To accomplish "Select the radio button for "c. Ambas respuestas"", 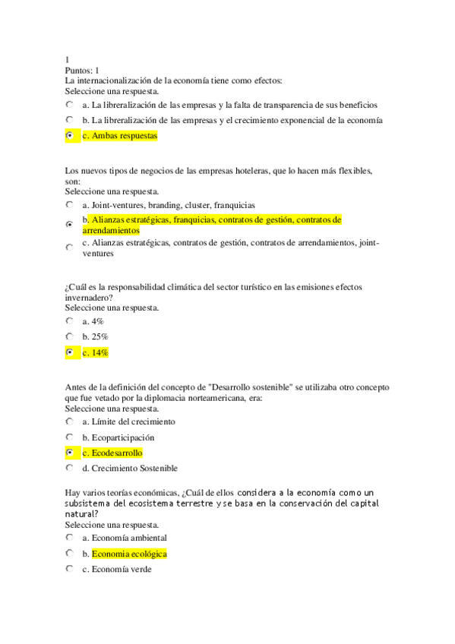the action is click(x=69, y=135).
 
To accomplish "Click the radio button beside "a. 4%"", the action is click(x=69, y=321).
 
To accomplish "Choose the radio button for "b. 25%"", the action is click(x=69, y=336).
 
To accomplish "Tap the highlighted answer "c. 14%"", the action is click(x=96, y=352).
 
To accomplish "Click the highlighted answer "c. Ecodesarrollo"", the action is click(x=112, y=453).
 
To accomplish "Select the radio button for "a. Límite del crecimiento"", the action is click(x=69, y=421).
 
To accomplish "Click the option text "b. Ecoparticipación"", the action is click(x=118, y=437).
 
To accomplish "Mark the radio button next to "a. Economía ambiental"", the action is click(x=69, y=538).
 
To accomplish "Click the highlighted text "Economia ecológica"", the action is click(x=129, y=554).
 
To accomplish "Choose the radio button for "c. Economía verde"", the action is click(x=69, y=569).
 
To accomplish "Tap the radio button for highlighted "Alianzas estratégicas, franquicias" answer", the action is click(x=69, y=225).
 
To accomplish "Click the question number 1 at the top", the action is click(x=68, y=60).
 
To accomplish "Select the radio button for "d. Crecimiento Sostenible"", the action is click(x=69, y=469).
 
